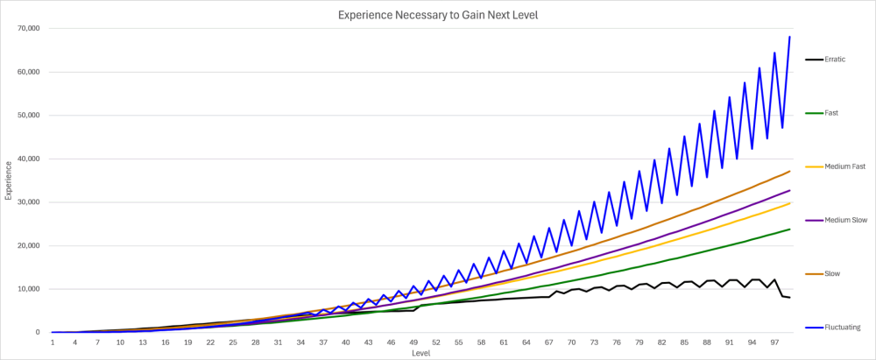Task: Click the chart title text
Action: tap(437, 15)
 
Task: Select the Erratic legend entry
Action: tap(824, 59)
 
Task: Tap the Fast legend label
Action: tap(831, 112)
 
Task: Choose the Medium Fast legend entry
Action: tap(835, 166)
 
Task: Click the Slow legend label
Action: tap(832, 274)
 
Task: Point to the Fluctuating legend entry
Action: tap(832, 328)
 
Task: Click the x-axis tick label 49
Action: tap(413, 342)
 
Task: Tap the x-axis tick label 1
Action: tap(52, 342)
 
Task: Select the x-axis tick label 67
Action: tap(549, 342)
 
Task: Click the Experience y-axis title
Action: tap(9, 180)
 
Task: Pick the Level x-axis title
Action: tap(420, 353)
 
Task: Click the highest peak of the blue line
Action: tap(789, 37)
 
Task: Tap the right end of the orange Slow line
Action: tap(789, 171)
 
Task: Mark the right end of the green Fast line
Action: tap(789, 229)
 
